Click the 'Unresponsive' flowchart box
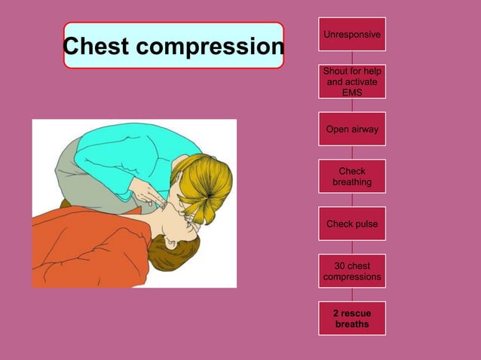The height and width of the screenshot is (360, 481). [x=352, y=35]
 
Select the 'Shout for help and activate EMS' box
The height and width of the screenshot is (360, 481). [x=352, y=81]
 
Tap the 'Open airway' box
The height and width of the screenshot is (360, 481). [x=352, y=130]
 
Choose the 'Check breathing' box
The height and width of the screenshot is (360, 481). [x=352, y=177]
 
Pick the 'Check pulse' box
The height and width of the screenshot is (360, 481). [x=352, y=224]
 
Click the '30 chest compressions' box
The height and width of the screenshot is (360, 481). [x=352, y=271]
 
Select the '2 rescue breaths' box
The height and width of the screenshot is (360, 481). [x=352, y=319]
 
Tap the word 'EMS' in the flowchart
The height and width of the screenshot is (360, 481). [x=352, y=93]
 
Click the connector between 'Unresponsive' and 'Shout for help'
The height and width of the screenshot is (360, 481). [x=352, y=58]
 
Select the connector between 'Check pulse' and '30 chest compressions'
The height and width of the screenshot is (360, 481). [x=352, y=247]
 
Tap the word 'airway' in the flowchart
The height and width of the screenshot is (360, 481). [x=363, y=130]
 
